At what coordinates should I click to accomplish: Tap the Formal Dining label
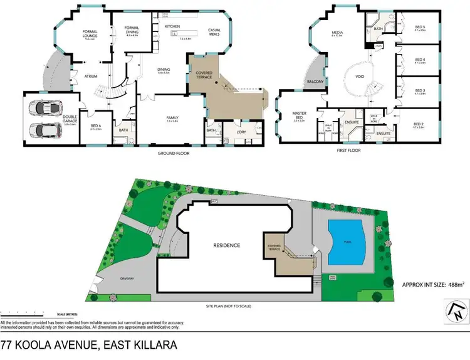[132, 29]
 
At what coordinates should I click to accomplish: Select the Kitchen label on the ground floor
[172, 26]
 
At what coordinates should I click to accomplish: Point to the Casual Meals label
[217, 33]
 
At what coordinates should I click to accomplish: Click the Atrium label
[93, 76]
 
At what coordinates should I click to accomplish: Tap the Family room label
[173, 118]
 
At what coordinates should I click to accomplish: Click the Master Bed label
[299, 115]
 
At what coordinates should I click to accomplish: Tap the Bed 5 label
[419, 28]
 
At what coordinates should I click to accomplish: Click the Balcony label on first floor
[314, 82]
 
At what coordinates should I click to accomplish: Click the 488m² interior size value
[454, 284]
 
